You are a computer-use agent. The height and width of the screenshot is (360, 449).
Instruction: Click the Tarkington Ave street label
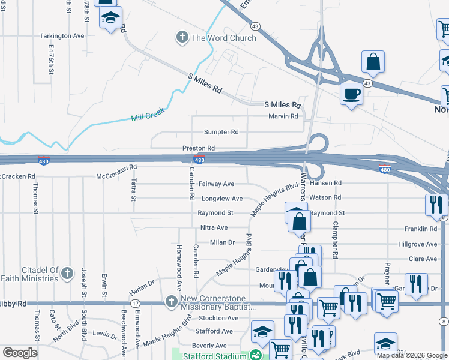coord(62,36)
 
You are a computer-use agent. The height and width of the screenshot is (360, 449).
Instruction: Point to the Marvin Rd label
coord(283,116)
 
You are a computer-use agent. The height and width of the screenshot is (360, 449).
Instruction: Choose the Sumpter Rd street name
coord(221,132)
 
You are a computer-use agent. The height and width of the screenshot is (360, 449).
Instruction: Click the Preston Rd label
coord(199,148)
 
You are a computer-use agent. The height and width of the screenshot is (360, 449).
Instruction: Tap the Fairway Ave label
coord(216,184)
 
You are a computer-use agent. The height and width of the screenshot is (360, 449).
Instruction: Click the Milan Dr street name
coord(221,242)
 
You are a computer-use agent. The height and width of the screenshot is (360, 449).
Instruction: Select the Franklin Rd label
coord(421,229)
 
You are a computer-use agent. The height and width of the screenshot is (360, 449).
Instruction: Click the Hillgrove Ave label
coord(418,244)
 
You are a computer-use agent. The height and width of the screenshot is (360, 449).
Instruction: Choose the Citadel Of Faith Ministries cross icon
coord(67,272)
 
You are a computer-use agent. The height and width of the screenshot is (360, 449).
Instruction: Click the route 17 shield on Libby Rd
coord(136,304)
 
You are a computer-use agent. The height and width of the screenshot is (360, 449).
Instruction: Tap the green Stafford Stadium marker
coord(256,355)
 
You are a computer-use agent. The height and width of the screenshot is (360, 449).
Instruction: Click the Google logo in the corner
coord(20,352)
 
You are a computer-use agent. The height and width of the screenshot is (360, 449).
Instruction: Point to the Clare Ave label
coord(423,259)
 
